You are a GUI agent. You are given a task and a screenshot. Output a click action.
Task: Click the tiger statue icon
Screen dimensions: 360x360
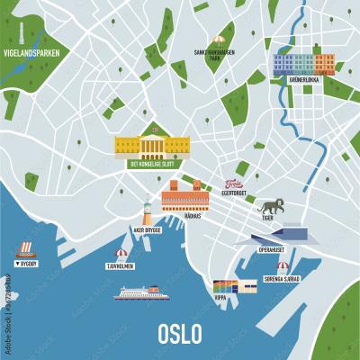click(268, 204)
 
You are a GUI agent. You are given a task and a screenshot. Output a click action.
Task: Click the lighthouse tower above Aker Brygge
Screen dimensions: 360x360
click(148, 212)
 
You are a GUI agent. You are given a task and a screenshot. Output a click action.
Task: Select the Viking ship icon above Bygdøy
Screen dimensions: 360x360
click(25, 247)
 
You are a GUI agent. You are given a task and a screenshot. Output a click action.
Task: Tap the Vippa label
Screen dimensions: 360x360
click(220, 297)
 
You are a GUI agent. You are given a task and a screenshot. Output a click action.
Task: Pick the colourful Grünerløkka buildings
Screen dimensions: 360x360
click(304, 63)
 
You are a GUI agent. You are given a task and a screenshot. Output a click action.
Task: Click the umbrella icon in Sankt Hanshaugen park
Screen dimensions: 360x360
click(217, 40)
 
